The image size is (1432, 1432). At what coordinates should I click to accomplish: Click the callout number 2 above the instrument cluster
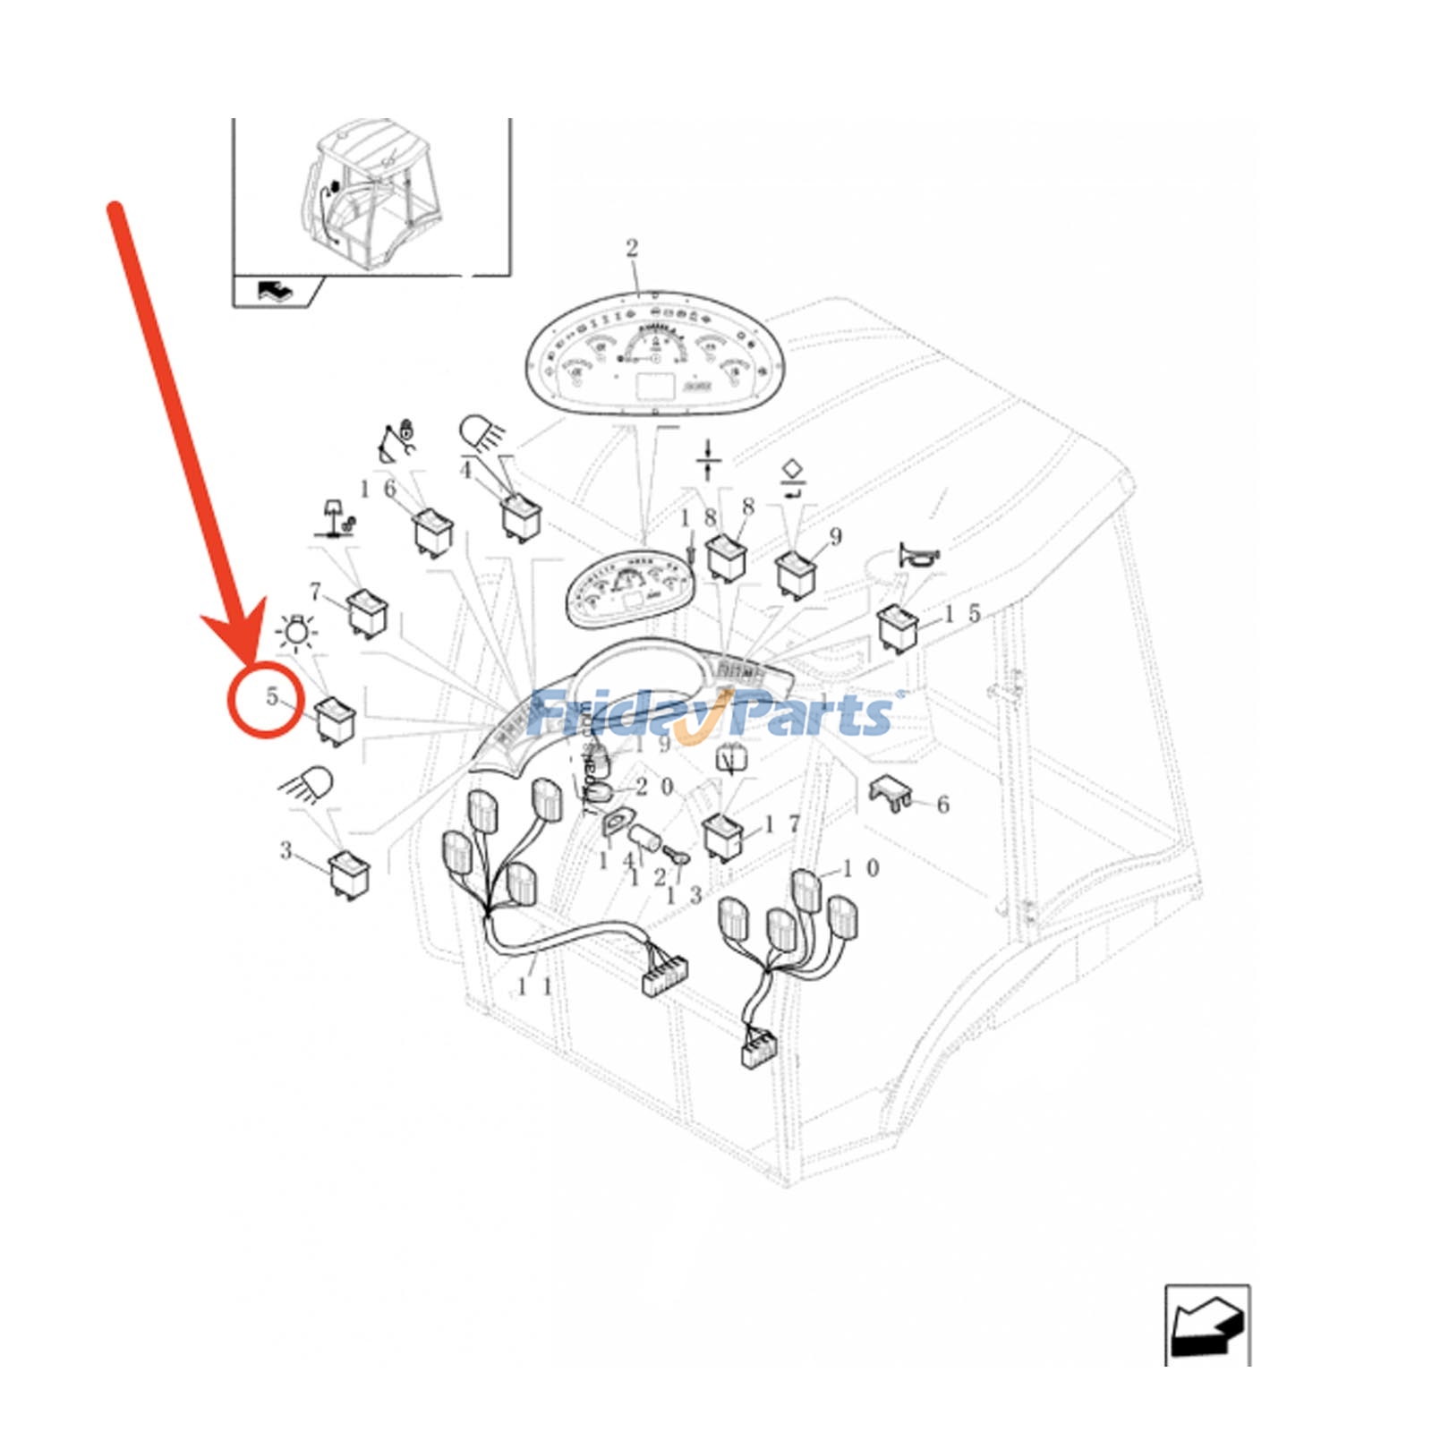tap(632, 248)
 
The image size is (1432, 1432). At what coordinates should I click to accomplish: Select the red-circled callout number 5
tap(272, 697)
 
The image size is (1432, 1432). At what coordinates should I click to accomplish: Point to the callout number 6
tap(942, 805)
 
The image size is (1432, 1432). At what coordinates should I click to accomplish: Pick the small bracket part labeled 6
tap(891, 793)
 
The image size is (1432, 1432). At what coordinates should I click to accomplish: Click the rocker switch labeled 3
tap(349, 872)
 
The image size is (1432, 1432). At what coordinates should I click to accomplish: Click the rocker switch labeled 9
tap(795, 573)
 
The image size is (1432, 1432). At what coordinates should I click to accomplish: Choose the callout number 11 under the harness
tap(534, 987)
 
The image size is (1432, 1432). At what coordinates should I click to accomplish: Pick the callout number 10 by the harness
tap(860, 868)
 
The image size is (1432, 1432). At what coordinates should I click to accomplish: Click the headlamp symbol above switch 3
tap(309, 785)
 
